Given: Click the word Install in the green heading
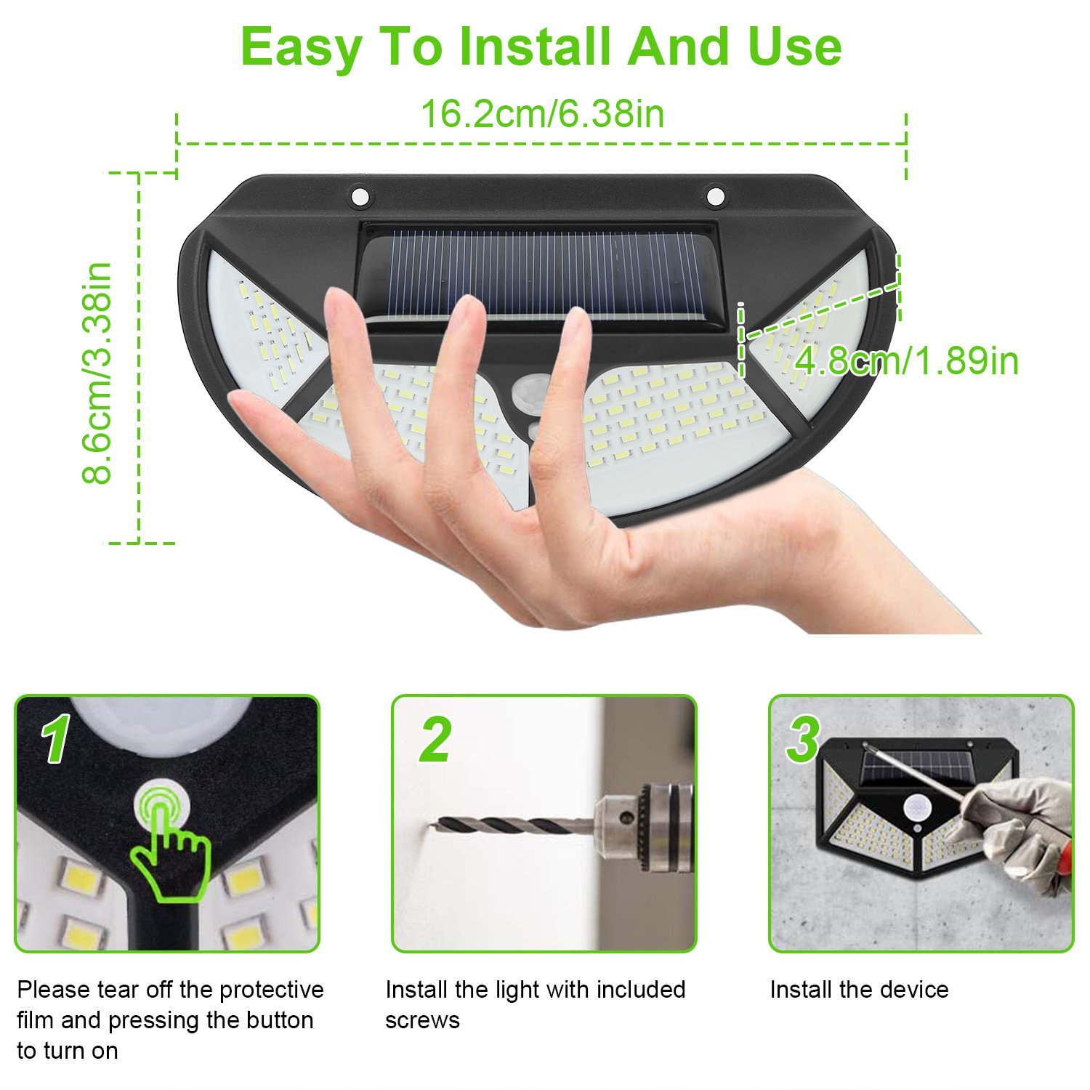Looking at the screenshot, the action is click(x=536, y=46).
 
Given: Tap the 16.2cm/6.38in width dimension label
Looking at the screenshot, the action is click(x=542, y=114).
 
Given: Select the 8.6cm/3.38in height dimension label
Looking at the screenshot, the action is click(x=97, y=373).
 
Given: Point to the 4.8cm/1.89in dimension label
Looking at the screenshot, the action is click(x=907, y=360).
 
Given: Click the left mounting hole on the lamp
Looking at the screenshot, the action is click(x=360, y=195).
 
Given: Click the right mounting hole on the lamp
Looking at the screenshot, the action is click(x=716, y=195).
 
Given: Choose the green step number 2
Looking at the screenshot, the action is click(x=435, y=738).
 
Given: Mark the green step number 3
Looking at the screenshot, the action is click(x=804, y=738).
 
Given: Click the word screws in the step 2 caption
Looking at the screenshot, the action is click(x=422, y=1020).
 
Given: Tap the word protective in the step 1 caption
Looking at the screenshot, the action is click(x=272, y=990).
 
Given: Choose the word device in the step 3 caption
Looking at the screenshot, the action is click(x=913, y=990).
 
